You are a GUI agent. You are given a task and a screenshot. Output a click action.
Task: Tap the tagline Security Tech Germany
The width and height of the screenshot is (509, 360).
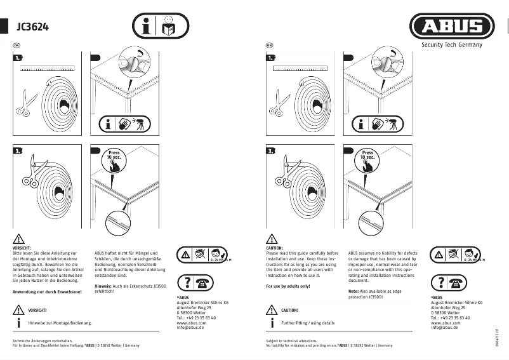pos(452,45)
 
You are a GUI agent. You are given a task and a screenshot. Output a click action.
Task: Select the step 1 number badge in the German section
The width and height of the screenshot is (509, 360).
pos(18,58)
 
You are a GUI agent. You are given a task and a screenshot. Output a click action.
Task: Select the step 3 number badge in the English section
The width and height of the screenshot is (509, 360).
pos(270,151)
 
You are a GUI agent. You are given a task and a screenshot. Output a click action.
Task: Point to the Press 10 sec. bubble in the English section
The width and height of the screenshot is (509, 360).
pos(367,156)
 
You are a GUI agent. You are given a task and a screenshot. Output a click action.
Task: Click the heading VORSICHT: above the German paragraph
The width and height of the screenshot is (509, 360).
pos(22,248)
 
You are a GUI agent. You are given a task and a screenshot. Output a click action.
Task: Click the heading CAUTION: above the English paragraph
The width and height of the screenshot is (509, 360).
pos(275,248)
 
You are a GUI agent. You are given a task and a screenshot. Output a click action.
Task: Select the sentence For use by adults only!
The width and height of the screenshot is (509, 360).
pos(288,286)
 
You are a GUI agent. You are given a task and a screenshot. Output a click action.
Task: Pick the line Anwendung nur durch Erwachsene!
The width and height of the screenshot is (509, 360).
pos(47,291)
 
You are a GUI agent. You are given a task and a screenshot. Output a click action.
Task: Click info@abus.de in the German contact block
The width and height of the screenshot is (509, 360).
pos(190,328)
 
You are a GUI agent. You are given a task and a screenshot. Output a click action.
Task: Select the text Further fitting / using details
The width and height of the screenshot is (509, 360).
pos(307,323)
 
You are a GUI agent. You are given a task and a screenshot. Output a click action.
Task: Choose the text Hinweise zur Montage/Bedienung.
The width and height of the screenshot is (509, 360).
pos(60,323)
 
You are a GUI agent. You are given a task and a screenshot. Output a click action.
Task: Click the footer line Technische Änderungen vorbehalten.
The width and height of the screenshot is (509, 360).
pos(39,340)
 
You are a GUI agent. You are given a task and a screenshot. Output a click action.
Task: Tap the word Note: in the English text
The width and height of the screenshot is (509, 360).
pos(354,291)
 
